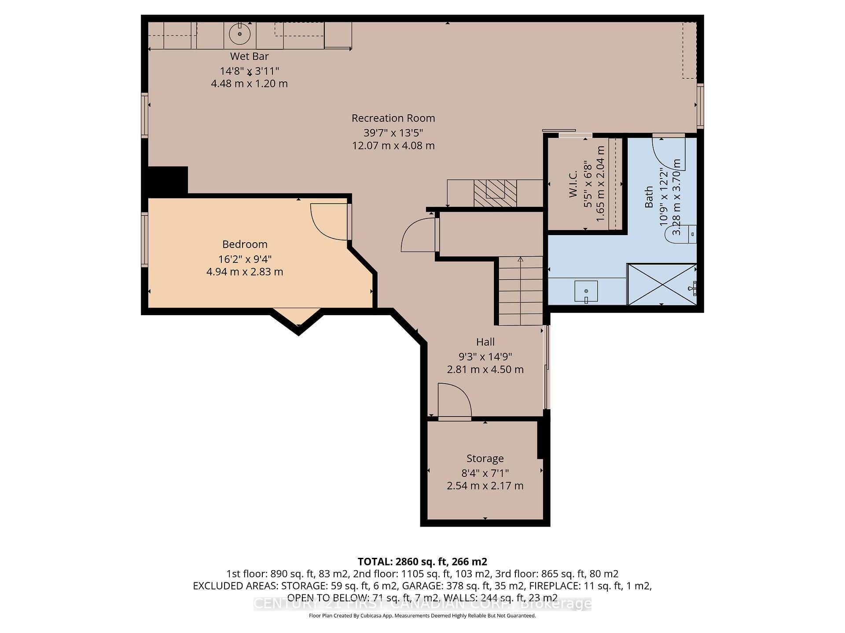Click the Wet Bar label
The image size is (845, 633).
coord(249,56)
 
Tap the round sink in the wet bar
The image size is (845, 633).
coord(240,34)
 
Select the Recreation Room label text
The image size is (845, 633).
coord(393,118)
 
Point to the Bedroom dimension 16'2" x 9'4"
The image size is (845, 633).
coord(245,259)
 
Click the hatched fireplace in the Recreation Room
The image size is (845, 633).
coord(495,193)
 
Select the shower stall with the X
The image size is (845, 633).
coord(661,284)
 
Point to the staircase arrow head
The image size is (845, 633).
coord(521,259)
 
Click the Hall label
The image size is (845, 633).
coord(485,342)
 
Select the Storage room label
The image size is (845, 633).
coord(485,458)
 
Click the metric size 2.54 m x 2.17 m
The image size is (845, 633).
coord(485,486)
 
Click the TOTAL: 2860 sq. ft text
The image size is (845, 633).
coord(422,561)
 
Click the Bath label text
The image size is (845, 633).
coord(649,196)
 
